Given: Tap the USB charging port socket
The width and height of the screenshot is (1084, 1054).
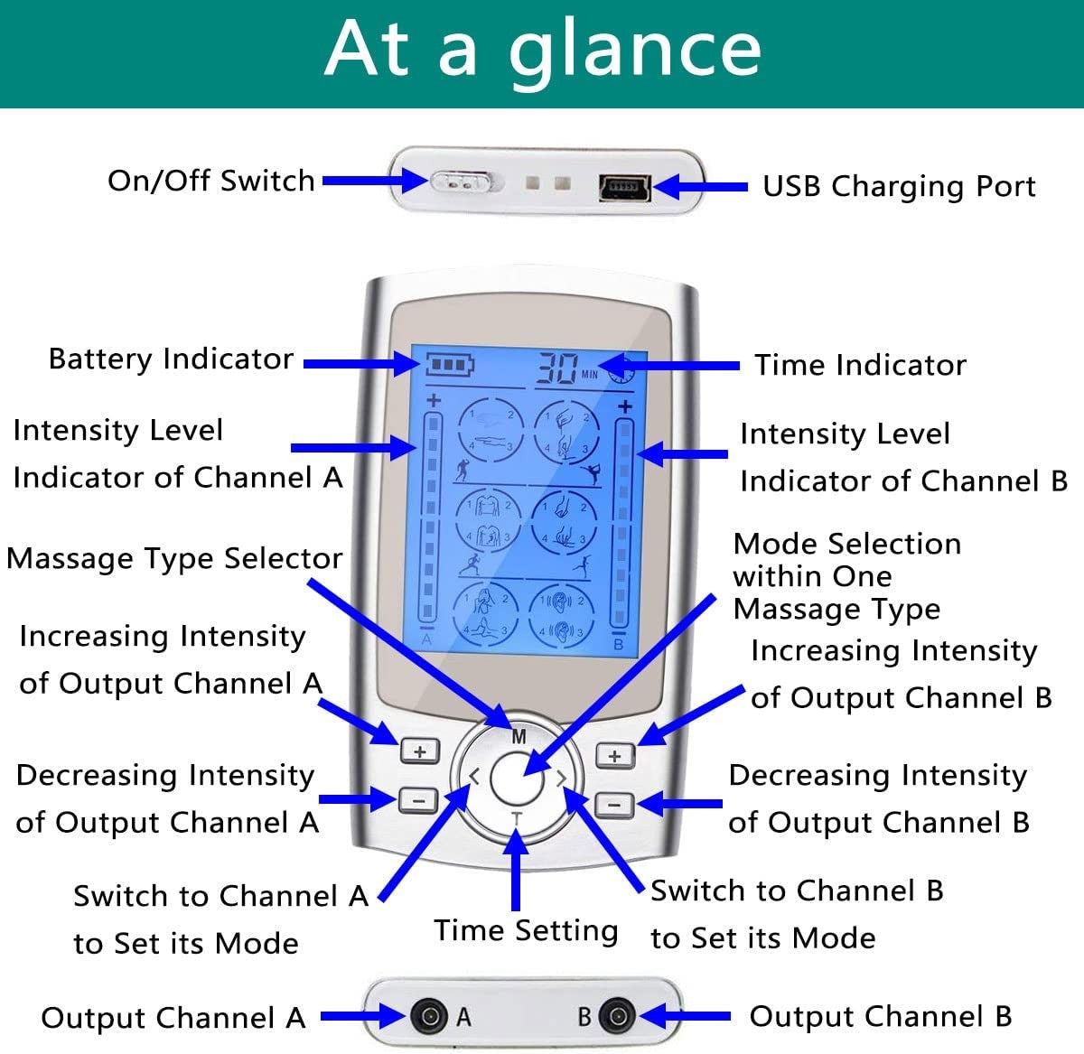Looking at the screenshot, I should click(x=624, y=187).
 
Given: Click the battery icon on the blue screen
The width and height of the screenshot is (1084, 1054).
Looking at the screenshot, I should click(x=449, y=366).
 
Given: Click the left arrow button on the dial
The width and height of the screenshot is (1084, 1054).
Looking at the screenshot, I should click(x=473, y=776).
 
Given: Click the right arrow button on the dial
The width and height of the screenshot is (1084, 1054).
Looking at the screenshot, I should click(x=562, y=777).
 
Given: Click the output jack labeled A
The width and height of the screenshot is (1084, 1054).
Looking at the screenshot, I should click(x=428, y=1016).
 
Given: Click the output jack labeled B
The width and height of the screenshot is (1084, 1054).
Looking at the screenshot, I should click(x=618, y=1016).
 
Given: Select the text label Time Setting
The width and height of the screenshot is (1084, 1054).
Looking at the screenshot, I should click(x=526, y=930).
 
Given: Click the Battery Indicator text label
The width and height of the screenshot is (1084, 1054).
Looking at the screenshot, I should click(x=171, y=359).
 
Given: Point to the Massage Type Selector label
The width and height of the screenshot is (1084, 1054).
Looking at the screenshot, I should click(x=174, y=558).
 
